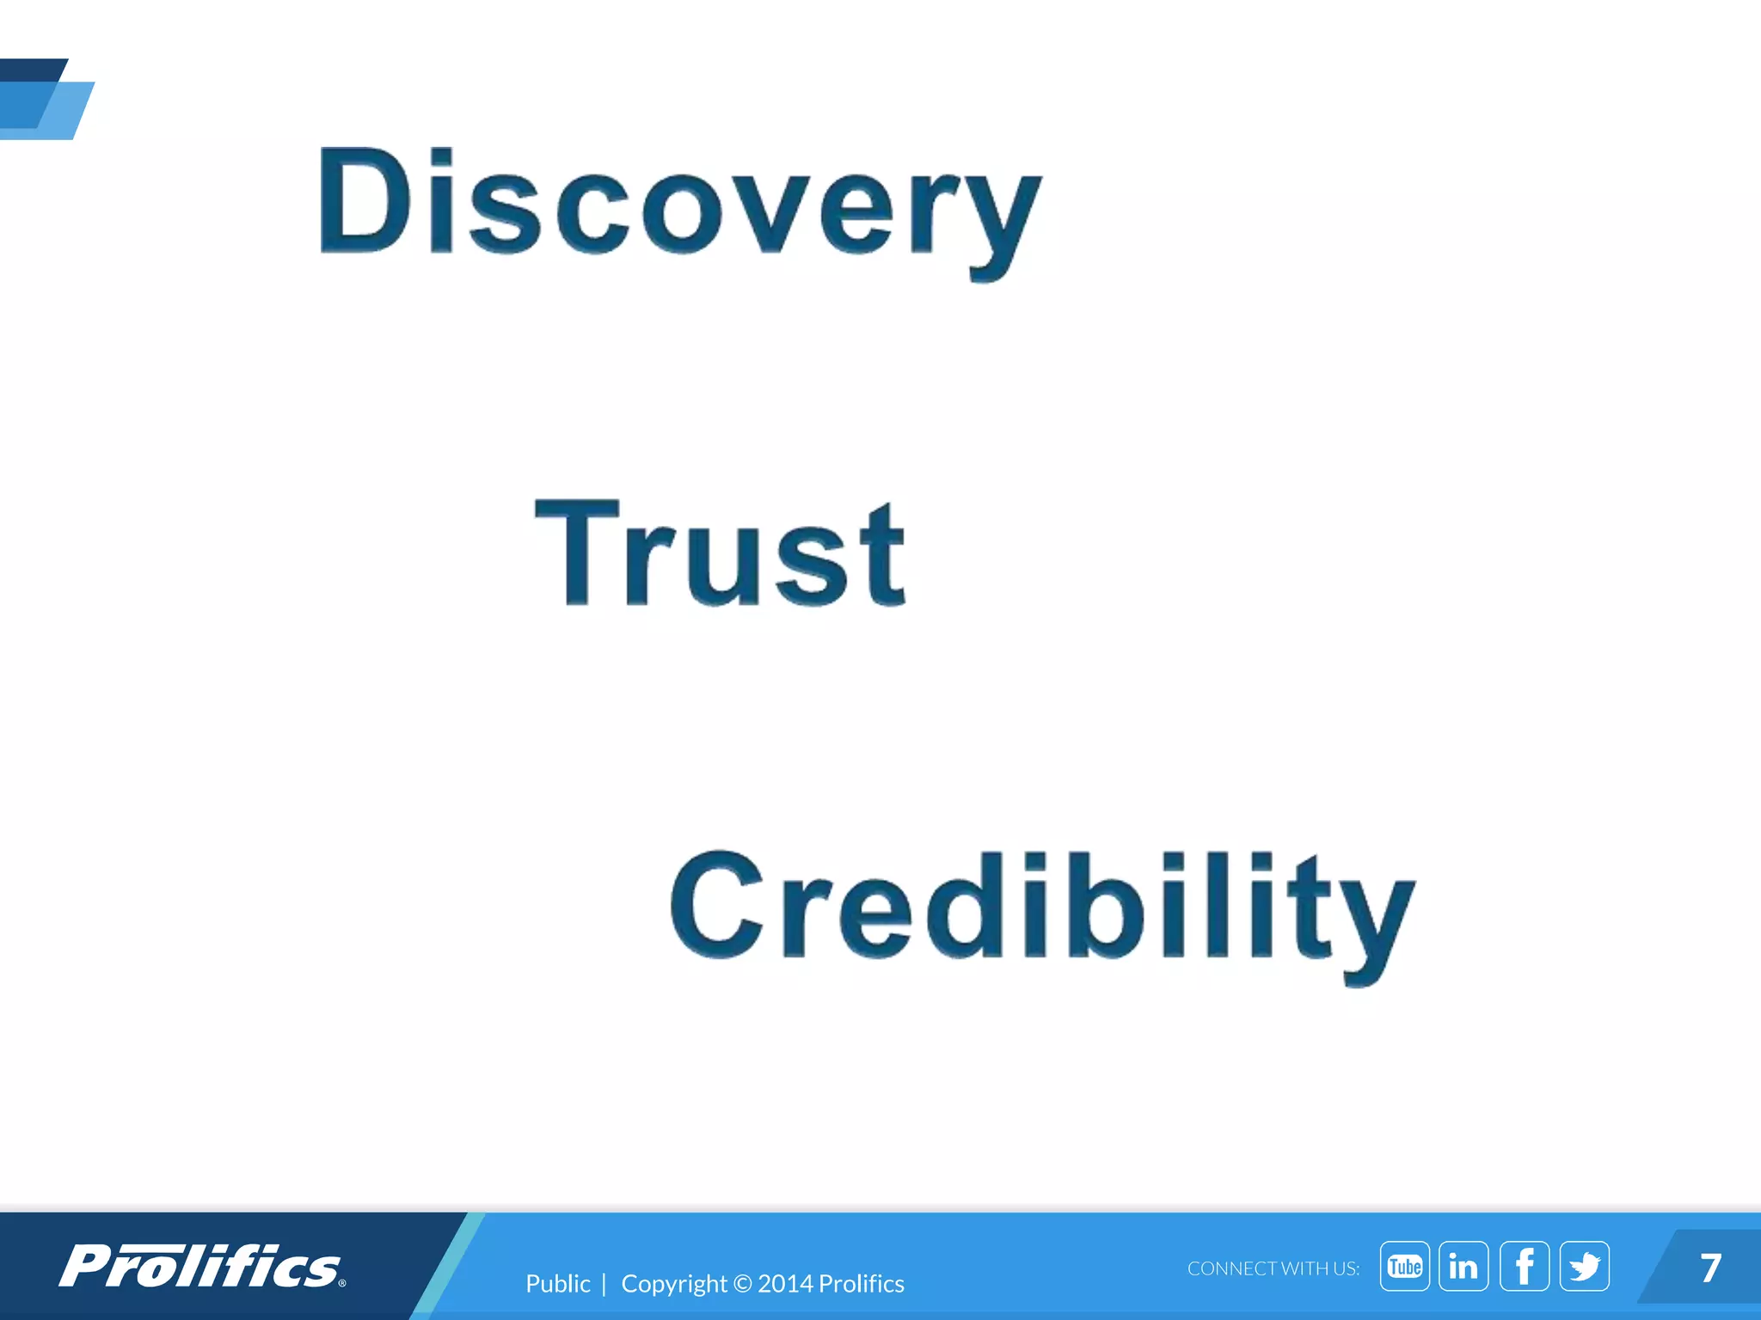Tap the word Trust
721,554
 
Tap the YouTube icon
1404,1266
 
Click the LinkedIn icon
1463,1266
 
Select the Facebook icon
1524,1266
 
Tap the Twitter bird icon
1584,1266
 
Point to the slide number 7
1710,1268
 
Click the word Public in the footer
557,1283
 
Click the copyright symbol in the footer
743,1284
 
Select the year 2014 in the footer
785,1283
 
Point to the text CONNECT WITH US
1273,1268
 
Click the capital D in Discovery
361,202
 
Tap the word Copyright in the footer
673,1284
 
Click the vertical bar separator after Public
604,1283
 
